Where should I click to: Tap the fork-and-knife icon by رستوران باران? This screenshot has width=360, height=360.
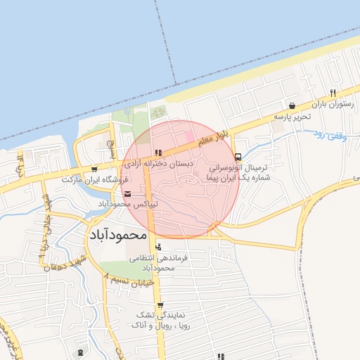(x=333, y=93)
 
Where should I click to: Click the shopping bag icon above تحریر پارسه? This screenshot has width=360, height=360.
(x=292, y=105)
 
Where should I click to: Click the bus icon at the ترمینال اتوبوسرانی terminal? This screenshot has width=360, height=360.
(x=238, y=156)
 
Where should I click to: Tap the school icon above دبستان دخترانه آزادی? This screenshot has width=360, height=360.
(x=159, y=152)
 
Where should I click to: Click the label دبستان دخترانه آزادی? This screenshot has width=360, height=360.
(x=159, y=163)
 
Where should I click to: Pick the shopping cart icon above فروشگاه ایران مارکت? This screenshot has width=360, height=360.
(x=94, y=169)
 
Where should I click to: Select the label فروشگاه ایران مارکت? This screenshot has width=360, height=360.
(x=92, y=180)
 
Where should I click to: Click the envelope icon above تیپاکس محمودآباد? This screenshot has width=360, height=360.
(x=127, y=194)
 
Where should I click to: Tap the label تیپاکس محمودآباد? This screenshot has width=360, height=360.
(x=127, y=205)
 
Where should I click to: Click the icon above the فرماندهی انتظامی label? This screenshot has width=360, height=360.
(x=158, y=247)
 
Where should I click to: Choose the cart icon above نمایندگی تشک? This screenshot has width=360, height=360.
(x=161, y=304)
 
